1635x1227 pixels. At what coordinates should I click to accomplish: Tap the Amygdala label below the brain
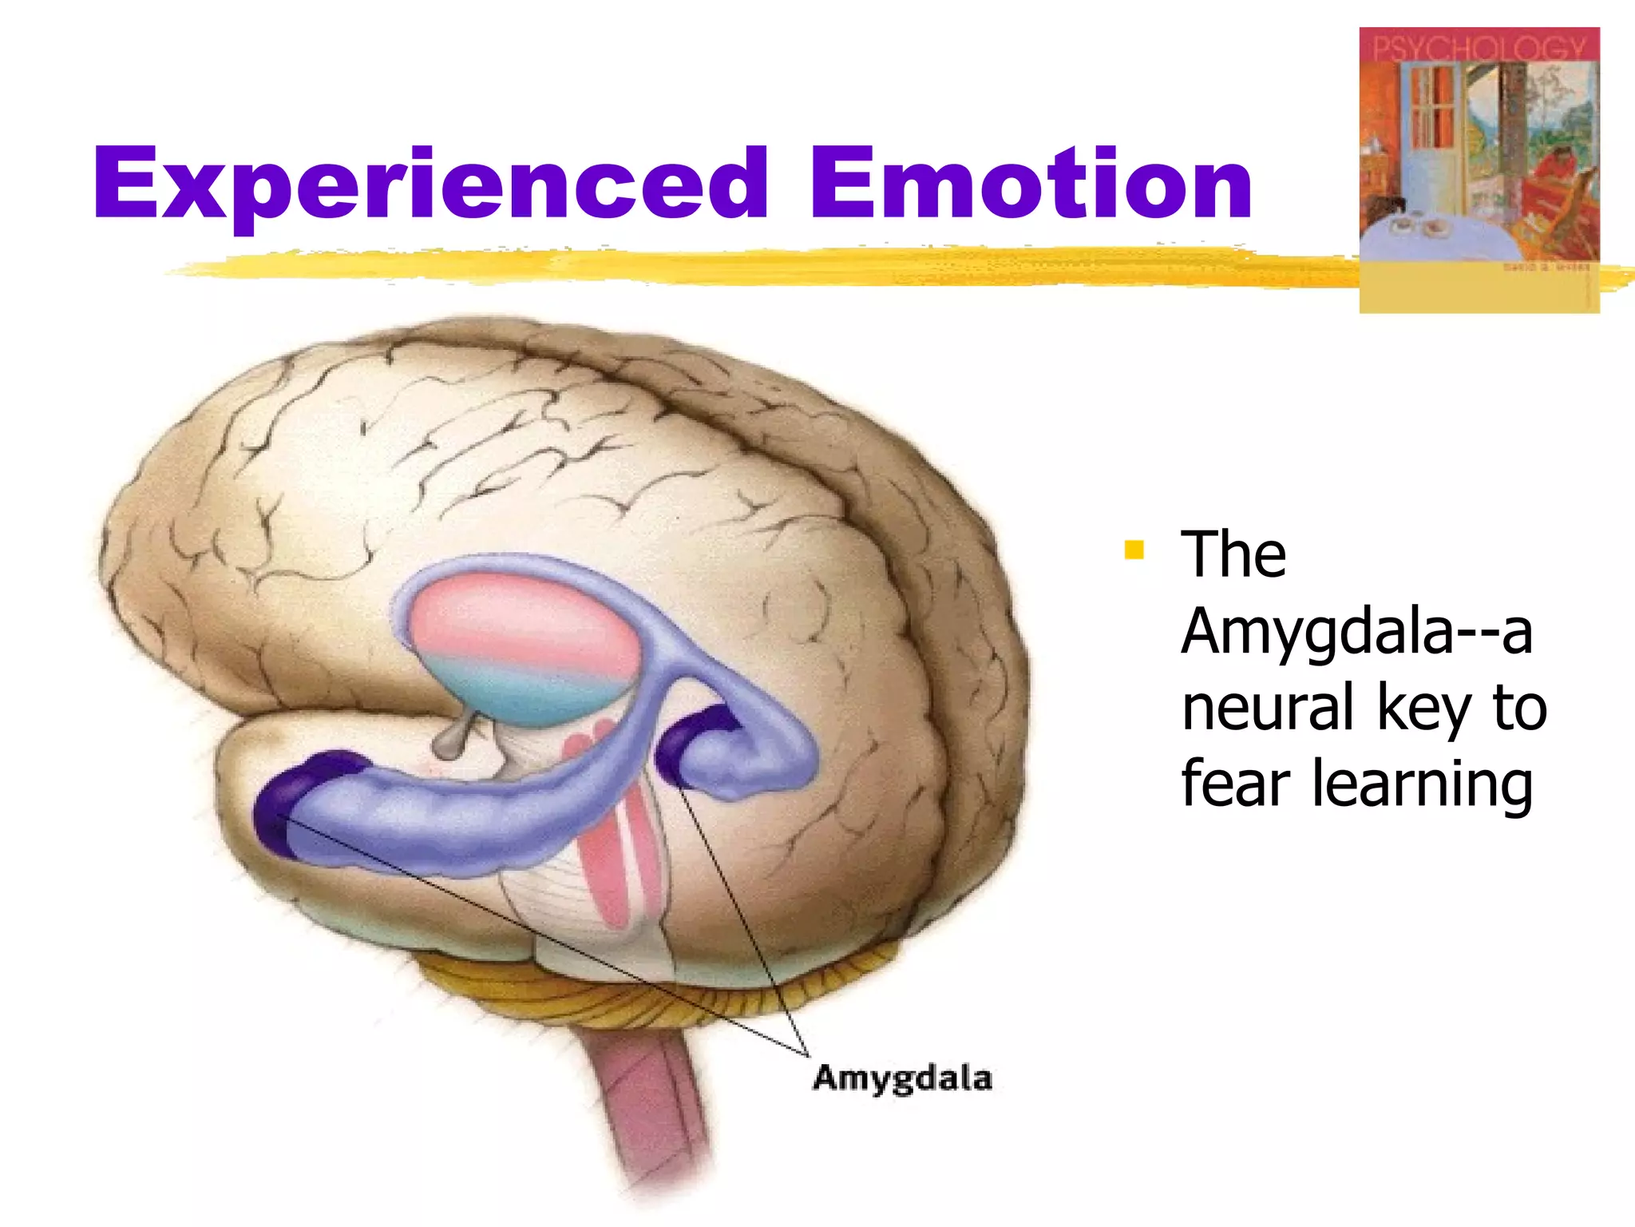(902, 1078)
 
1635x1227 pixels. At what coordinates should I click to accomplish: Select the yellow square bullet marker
(1134, 550)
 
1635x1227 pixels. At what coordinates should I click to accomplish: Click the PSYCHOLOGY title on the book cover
(1479, 48)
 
